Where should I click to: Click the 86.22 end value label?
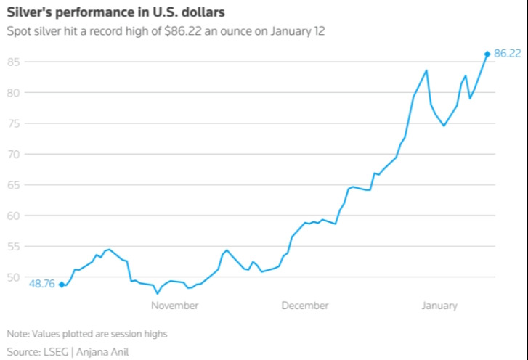pos(508,54)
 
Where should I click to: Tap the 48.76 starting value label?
pos(41,285)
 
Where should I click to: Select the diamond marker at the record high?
pos(487,54)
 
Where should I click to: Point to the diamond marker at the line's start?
pos(62,285)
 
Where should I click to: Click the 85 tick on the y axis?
pos(13,62)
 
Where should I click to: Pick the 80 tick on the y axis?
pos(13,92)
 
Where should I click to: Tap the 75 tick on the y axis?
pos(13,123)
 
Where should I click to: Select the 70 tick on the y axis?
pos(13,154)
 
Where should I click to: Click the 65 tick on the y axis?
pos(13,185)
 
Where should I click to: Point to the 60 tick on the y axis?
pos(13,216)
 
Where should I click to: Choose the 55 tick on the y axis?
pos(13,247)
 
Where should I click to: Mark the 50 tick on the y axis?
pos(13,277)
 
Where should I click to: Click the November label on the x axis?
pos(174,306)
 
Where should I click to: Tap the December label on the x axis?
pos(305,306)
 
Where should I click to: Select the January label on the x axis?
pos(439,306)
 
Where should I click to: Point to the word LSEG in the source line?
pos(61,352)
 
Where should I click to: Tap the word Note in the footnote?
pos(18,334)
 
